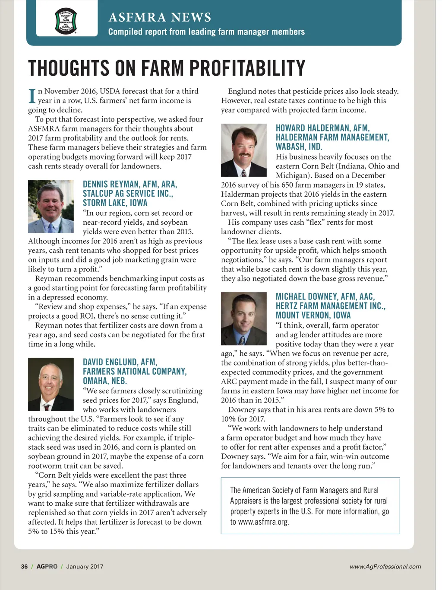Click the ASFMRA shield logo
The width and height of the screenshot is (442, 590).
pyautogui.click(x=66, y=21)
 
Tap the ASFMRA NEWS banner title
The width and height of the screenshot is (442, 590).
pyautogui.click(x=160, y=17)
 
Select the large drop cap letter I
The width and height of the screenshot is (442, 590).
pyautogui.click(x=32, y=96)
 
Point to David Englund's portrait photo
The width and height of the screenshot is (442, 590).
pyautogui.click(x=51, y=384)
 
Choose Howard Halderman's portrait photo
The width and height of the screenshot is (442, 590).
pyautogui.click(x=244, y=150)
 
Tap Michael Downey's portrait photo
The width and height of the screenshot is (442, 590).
pyautogui.click(x=244, y=319)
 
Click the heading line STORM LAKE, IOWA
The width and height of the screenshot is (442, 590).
pyautogui.click(x=115, y=203)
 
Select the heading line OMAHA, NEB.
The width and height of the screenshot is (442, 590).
pyautogui.click(x=105, y=381)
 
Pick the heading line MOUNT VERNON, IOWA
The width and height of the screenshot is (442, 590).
pyautogui.click(x=313, y=315)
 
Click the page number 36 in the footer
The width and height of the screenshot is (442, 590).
pyautogui.click(x=24, y=566)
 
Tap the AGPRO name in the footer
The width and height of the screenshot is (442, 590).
pyautogui.click(x=47, y=566)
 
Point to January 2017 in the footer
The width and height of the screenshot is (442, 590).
pyautogui.click(x=85, y=566)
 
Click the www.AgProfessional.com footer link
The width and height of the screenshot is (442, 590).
pyautogui.click(x=385, y=566)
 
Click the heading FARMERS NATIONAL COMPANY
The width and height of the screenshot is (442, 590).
pyautogui.click(x=135, y=371)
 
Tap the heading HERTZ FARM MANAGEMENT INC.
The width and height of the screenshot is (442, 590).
pyautogui.click(x=331, y=306)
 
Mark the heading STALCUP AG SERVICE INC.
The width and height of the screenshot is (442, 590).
pyautogui.click(x=128, y=193)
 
